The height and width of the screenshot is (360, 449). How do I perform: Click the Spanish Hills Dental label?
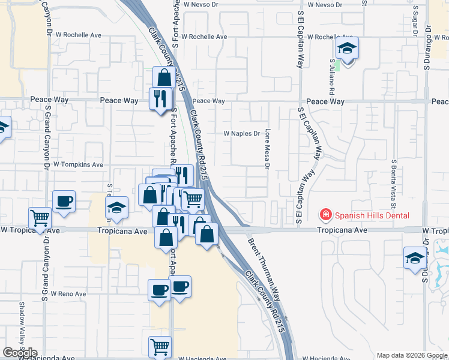372,215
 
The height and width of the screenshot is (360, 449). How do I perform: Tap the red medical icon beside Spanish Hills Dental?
325,215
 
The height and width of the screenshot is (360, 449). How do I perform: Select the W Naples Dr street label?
242,134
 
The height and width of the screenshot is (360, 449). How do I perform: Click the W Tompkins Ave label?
78,164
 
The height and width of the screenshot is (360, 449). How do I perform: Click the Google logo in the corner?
20,353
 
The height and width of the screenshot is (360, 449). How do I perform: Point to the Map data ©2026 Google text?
411,355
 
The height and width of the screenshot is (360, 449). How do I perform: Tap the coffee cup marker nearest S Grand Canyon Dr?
64,202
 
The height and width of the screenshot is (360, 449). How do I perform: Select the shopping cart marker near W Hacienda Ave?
160,346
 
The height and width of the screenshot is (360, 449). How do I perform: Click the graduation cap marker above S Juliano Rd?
347,48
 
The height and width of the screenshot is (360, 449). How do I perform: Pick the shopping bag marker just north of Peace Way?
164,77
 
